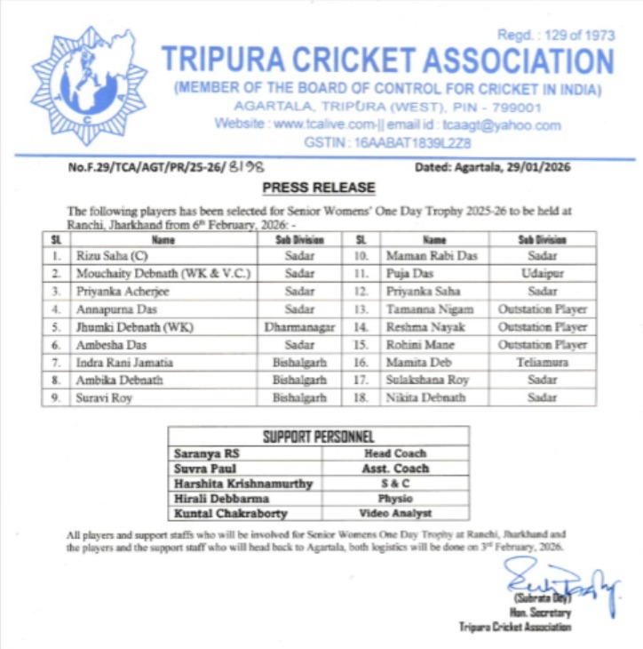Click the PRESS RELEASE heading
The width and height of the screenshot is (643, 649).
(319, 188)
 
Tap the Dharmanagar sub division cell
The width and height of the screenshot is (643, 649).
(300, 326)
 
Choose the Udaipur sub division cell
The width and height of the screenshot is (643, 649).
(542, 274)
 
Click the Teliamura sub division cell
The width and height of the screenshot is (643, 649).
(542, 362)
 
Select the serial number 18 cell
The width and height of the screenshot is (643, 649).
(361, 397)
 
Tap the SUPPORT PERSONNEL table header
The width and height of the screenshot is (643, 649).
(319, 437)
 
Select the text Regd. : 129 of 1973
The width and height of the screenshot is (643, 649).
(555, 35)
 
